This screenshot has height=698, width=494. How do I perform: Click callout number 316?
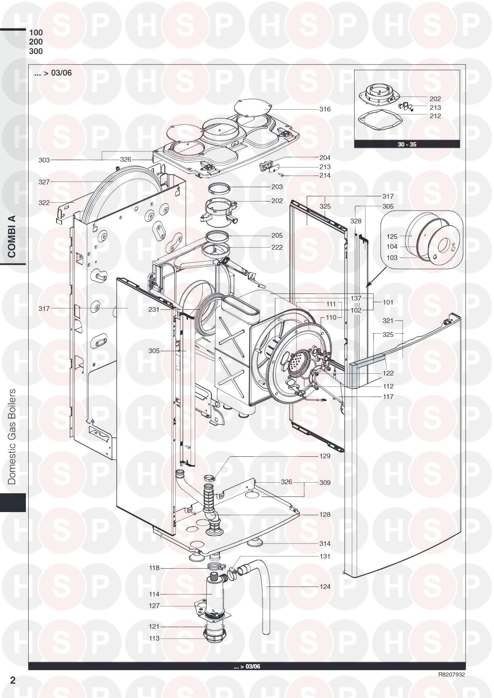point(325,109)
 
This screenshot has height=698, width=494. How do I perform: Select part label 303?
point(44,160)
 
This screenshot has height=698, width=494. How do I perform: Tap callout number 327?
point(44,182)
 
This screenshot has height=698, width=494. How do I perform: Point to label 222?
point(277,247)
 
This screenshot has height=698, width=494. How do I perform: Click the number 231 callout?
point(154,309)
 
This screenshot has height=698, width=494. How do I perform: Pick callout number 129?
point(325,456)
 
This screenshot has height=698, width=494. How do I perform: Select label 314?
point(325,544)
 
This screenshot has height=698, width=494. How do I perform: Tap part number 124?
point(325,587)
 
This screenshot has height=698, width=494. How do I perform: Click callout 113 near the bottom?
point(154,638)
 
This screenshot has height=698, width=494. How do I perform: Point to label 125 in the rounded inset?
point(392,237)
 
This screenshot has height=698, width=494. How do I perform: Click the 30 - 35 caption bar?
point(407,144)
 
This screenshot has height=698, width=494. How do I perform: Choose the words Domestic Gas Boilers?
point(13,436)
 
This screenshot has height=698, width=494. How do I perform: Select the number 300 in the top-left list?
point(36,51)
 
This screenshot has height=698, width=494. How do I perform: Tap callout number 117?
point(388,397)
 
